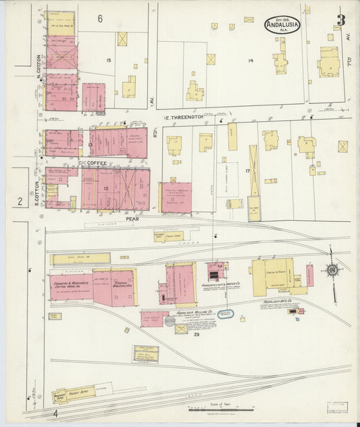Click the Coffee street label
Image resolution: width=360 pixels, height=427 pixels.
[97, 163]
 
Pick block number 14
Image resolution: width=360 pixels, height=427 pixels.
[250, 61]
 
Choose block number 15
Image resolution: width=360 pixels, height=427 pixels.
[108, 61]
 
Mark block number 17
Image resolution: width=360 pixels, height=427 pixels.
[248, 172]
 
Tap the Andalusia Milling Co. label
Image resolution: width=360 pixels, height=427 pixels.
[196, 313]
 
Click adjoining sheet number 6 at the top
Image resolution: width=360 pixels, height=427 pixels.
[99, 18]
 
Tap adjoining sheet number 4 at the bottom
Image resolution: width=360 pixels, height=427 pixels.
[57, 412]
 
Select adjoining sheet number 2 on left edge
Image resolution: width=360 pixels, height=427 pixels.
[20, 201]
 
